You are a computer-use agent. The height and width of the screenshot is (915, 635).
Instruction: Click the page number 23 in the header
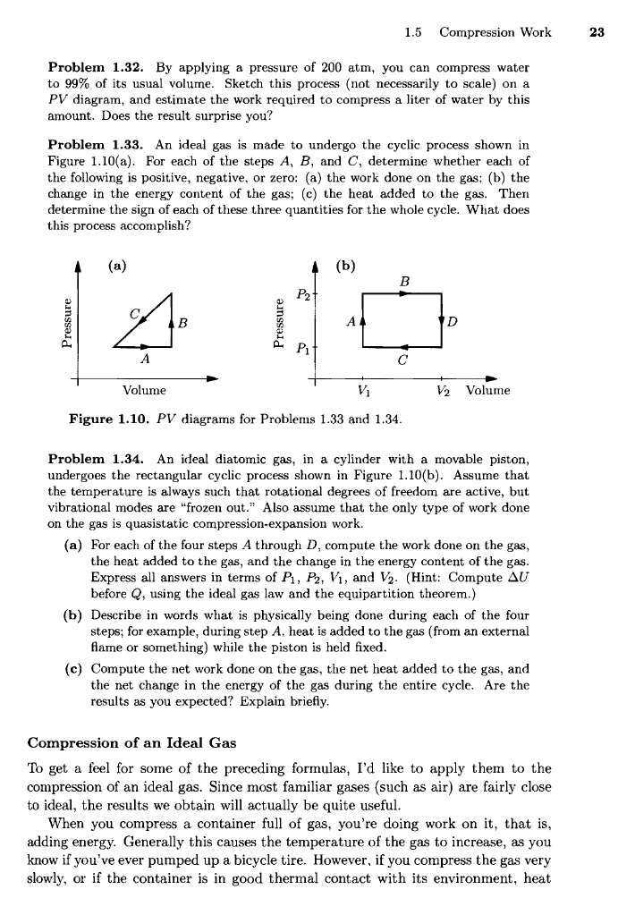599,33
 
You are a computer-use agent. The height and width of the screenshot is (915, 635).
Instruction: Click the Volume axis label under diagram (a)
148,391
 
